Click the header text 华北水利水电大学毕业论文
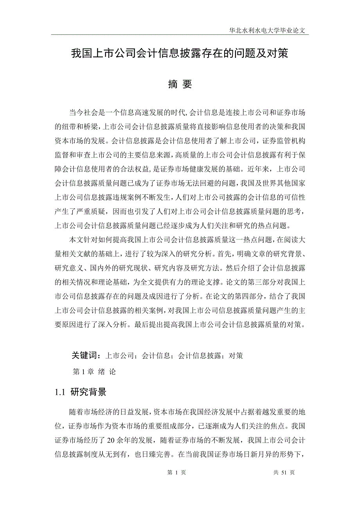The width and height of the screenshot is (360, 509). click(x=269, y=30)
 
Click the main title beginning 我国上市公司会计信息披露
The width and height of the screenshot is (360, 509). click(x=180, y=54)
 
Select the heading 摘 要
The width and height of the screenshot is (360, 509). click(x=180, y=84)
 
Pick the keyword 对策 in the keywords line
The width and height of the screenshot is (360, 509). click(x=236, y=356)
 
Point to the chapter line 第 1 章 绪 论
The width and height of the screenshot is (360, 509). click(x=94, y=372)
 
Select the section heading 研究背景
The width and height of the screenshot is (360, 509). click(x=88, y=393)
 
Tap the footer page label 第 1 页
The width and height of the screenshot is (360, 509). click(x=176, y=472)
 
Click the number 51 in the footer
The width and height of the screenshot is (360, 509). click(x=284, y=472)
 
